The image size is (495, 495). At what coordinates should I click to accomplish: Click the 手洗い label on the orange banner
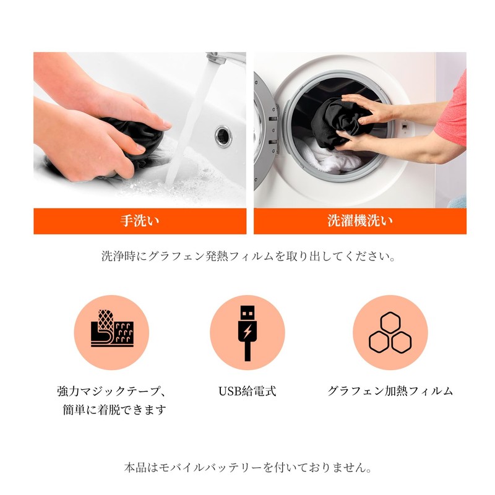click(x=140, y=221)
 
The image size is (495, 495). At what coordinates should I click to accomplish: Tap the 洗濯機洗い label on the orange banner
click(x=359, y=221)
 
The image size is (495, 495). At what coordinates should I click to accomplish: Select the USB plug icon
click(x=247, y=332)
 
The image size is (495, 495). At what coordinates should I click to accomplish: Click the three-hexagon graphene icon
click(x=390, y=332)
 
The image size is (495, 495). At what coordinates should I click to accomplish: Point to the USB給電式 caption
click(x=247, y=391)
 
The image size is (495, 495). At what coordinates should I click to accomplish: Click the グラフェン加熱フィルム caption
click(x=390, y=391)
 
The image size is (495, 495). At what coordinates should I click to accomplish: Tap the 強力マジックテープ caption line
click(x=111, y=391)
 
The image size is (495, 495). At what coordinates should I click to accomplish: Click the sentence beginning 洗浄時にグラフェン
click(x=247, y=256)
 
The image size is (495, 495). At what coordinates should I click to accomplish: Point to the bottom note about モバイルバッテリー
click(x=247, y=467)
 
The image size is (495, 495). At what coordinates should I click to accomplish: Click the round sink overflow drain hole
click(x=223, y=136)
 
